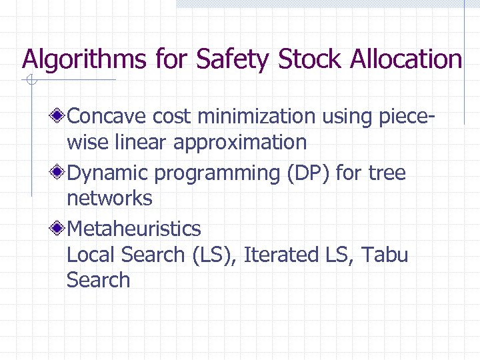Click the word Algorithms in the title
click(84, 59)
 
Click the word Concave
click(107, 117)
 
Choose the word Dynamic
click(108, 173)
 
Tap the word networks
click(109, 198)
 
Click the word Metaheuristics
click(133, 229)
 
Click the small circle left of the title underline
click(30, 81)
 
